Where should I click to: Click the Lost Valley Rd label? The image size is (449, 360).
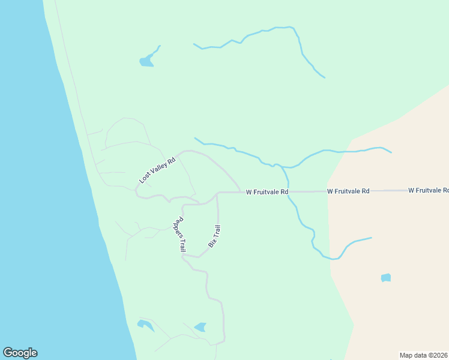(x=157, y=170)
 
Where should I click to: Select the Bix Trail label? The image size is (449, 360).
(x=214, y=236)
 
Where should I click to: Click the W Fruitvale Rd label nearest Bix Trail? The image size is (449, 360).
(x=267, y=192)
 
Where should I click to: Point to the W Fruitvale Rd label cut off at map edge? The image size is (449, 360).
(x=428, y=190)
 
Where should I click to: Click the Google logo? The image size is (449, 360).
(x=20, y=353)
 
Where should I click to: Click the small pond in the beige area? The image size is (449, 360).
(x=386, y=278)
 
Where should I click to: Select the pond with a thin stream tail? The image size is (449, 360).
(x=147, y=61)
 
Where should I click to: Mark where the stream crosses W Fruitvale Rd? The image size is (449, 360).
(x=289, y=192)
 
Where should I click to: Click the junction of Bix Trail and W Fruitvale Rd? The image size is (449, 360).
(x=217, y=193)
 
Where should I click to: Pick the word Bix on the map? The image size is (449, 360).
(x=211, y=243)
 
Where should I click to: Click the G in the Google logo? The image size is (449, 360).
(x=8, y=353)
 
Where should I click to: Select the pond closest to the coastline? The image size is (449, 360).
(x=145, y=325)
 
